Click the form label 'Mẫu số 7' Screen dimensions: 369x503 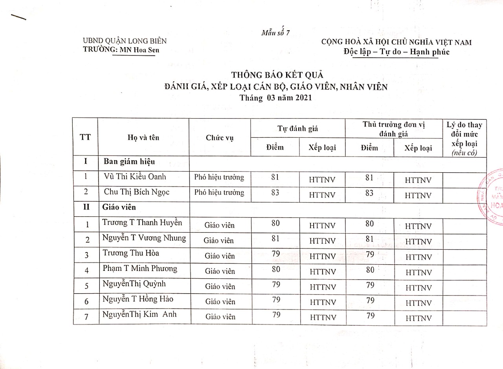pyautogui.click(x=275, y=33)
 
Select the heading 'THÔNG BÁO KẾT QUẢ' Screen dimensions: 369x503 pyautogui.click(x=277, y=75)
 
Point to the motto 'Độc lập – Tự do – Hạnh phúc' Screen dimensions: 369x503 pyautogui.click(x=396, y=52)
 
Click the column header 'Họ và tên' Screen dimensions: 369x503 pyautogui.click(x=143, y=137)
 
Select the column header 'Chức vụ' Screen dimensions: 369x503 pyautogui.click(x=220, y=138)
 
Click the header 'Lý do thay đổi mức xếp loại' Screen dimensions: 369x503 pyautogui.click(x=464, y=139)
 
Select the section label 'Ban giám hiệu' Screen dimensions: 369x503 pyautogui.click(x=129, y=161)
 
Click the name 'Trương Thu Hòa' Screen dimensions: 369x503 pyautogui.click(x=131, y=253)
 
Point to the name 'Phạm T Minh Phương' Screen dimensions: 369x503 pyautogui.click(x=140, y=269)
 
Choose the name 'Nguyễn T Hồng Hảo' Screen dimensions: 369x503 pyautogui.click(x=138, y=300)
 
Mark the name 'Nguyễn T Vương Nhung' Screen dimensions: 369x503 pyautogui.click(x=144, y=238)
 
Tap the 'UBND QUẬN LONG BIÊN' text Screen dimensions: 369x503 pyautogui.click(x=125, y=41)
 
